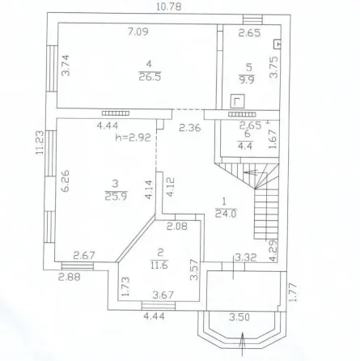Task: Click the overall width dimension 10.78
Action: click(x=169, y=6)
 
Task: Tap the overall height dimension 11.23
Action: click(x=40, y=142)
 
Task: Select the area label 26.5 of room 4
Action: click(x=150, y=78)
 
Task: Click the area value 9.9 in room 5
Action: click(x=247, y=79)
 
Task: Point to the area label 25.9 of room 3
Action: click(x=116, y=195)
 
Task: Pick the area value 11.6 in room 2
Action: click(x=159, y=265)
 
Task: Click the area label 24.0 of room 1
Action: click(x=226, y=214)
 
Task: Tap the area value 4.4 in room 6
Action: click(x=245, y=146)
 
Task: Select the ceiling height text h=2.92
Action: click(x=133, y=138)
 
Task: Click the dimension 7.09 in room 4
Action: click(x=138, y=32)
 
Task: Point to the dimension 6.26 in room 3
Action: click(x=66, y=180)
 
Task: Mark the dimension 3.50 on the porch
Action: click(x=239, y=317)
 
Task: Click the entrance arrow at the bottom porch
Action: click(x=243, y=344)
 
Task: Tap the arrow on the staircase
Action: click(x=252, y=172)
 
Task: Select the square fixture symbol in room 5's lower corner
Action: click(x=237, y=101)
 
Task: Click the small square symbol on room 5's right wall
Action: click(x=277, y=45)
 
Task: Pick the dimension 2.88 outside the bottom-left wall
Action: click(x=70, y=277)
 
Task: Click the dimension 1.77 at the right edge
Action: click(x=294, y=292)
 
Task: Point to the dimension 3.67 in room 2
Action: click(x=163, y=295)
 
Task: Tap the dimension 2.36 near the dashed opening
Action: click(x=190, y=128)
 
